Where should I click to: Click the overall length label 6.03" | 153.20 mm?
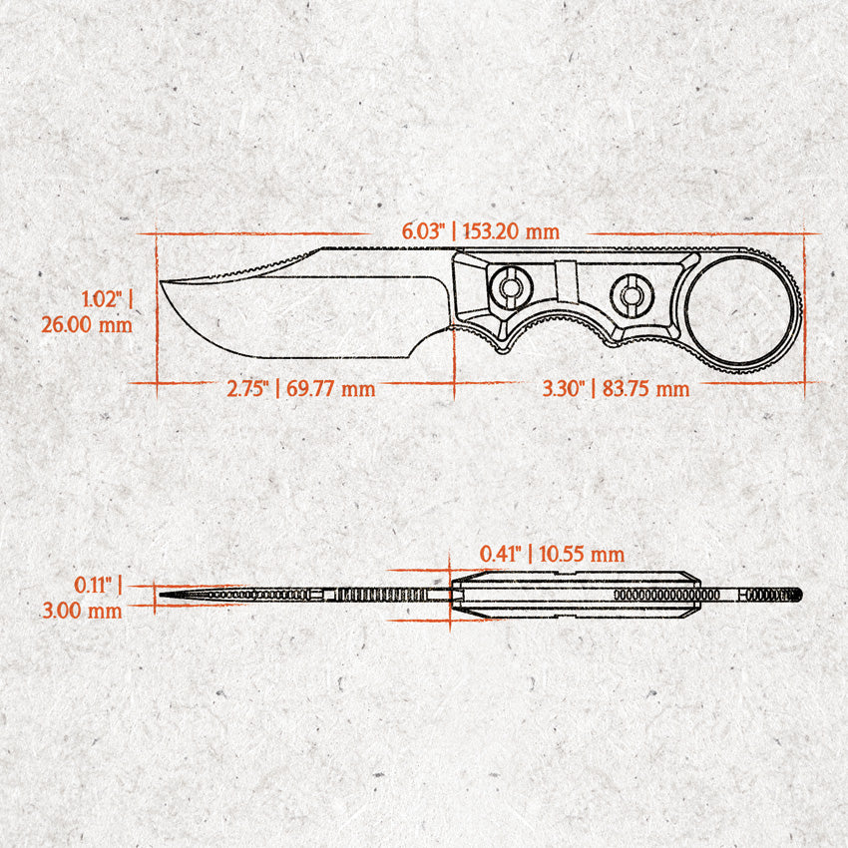coord(481,230)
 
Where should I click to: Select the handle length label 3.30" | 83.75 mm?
coord(616,388)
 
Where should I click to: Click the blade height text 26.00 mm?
coord(86,324)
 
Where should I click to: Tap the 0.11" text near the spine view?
coord(97,585)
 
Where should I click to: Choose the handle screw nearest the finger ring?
coord(630,294)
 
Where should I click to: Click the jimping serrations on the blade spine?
coord(239,268)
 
